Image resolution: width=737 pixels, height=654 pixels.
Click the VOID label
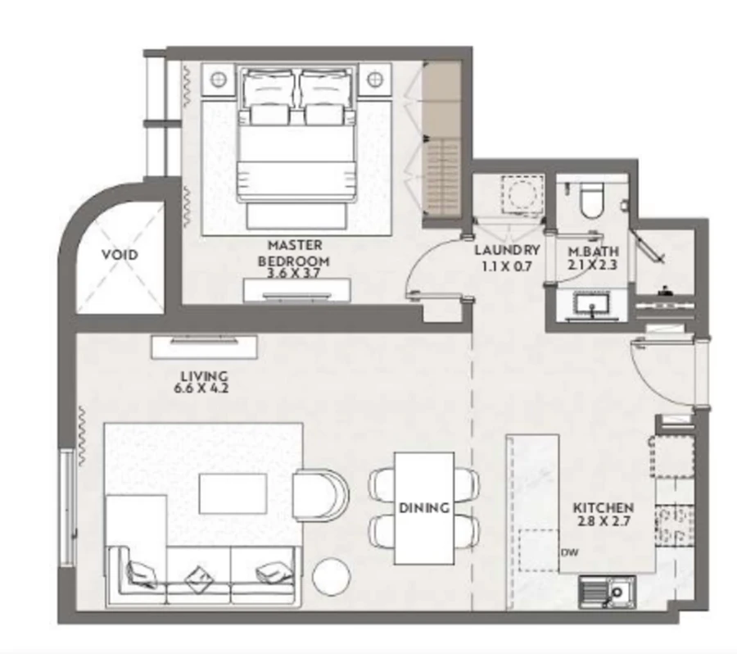tap(120, 254)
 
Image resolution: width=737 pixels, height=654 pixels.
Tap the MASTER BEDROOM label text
tap(295, 253)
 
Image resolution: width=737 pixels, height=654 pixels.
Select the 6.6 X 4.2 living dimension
tap(201, 388)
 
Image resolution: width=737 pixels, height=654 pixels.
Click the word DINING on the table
tap(424, 508)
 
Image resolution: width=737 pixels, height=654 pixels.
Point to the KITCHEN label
tap(602, 508)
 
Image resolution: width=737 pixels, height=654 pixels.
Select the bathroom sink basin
tap(590, 305)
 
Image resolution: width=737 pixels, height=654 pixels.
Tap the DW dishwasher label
tap(570, 552)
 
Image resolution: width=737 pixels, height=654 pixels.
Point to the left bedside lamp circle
tap(219, 79)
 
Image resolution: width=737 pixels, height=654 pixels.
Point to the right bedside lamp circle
tap(375, 79)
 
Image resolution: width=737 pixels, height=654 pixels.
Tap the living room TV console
tap(205, 346)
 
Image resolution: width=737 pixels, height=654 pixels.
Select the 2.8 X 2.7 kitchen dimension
tap(602, 521)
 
